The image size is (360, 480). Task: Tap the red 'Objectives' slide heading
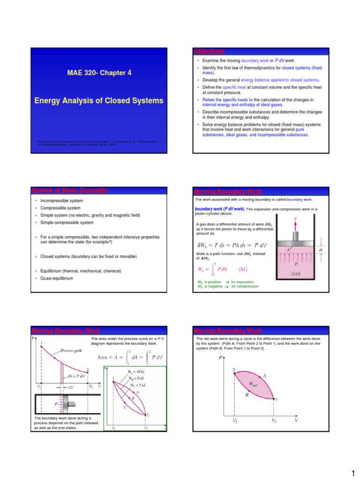[x=210, y=51]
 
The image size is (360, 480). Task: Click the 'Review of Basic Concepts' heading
[x=69, y=190]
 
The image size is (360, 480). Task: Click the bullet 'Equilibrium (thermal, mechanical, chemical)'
[x=81, y=271]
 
